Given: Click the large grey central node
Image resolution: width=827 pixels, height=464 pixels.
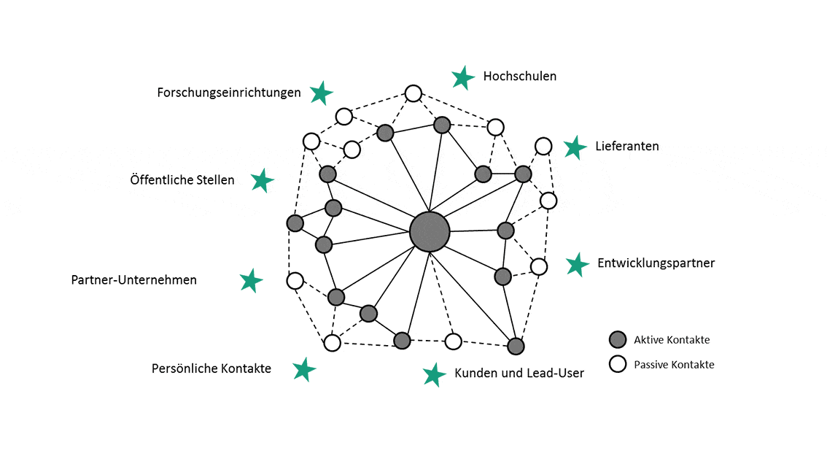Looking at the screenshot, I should (430, 232).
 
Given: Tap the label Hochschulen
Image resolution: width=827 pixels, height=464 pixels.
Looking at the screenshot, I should (519, 76).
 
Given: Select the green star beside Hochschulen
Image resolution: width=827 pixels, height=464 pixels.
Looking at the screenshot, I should (463, 77).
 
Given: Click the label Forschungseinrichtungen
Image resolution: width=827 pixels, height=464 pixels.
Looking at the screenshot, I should (229, 93).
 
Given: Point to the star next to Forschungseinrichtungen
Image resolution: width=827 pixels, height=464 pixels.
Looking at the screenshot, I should (321, 93).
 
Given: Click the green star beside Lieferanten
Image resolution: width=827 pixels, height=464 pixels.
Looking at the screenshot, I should (575, 147).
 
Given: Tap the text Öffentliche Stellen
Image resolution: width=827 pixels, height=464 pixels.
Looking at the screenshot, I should (182, 179).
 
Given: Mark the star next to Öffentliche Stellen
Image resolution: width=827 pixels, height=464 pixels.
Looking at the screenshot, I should (263, 180).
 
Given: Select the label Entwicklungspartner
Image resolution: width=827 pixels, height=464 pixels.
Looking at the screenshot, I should (656, 263).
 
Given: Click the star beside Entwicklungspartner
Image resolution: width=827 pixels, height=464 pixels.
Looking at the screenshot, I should (578, 265).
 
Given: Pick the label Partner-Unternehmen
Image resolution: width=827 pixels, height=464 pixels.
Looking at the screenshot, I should (134, 279).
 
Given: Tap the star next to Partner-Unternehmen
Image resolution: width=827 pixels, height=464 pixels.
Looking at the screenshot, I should (252, 281).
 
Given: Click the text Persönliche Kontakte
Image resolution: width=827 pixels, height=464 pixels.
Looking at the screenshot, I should (211, 368).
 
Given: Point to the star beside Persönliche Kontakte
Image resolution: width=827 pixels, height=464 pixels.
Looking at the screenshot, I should (304, 369).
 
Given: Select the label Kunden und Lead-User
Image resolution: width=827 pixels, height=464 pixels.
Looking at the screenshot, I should (519, 373).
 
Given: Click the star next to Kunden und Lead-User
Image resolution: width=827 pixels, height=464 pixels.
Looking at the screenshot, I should (435, 374).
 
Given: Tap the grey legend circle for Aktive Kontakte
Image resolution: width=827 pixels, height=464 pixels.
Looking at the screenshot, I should (618, 339).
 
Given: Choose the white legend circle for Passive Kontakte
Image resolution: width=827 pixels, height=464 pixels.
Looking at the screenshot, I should (618, 364).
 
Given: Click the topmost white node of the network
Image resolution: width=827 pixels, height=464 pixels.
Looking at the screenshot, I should (413, 93).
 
